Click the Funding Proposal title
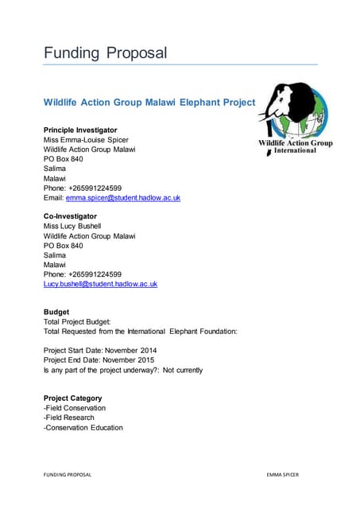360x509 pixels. tap(105, 53)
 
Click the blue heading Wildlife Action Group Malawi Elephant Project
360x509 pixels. tap(149, 103)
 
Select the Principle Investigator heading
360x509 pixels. tap(80, 130)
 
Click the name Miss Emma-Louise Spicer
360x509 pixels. tap(86, 139)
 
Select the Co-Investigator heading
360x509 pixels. tap(70, 216)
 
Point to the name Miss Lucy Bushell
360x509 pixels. tap(72, 226)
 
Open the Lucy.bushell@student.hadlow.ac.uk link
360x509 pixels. tap(100, 283)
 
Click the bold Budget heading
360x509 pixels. tap(56, 312)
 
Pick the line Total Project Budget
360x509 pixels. tap(83, 321)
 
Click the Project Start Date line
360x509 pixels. tap(100, 350)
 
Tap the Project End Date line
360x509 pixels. tap(99, 359)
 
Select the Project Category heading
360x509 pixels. tap(72, 398)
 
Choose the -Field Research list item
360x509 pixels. tap(69, 418)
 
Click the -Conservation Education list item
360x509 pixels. tap(83, 427)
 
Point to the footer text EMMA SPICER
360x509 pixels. tap(283, 475)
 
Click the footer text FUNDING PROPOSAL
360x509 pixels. tap(68, 475)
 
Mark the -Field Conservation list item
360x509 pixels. tap(75, 408)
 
